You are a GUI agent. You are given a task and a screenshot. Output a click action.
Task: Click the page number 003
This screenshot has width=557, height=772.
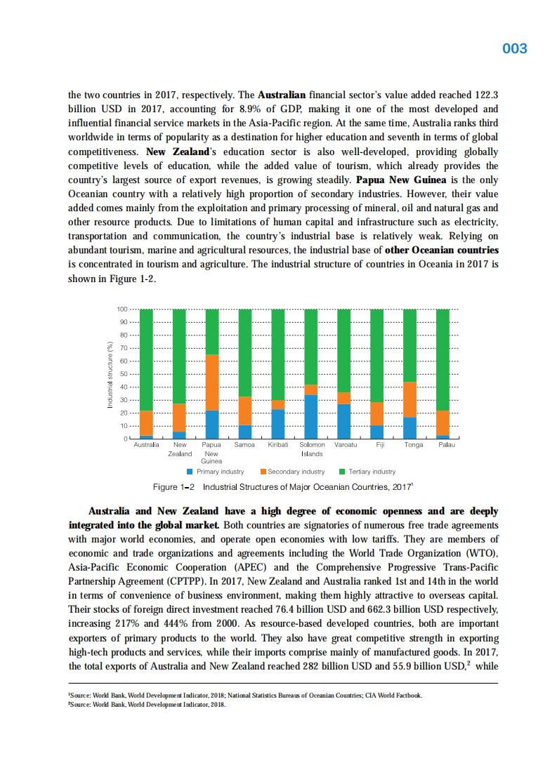pyautogui.click(x=515, y=48)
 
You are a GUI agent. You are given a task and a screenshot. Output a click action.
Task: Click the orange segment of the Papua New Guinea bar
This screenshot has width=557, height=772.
pyautogui.click(x=211, y=382)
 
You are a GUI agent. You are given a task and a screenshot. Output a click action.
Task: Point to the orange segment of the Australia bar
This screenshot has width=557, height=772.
pyautogui.click(x=146, y=423)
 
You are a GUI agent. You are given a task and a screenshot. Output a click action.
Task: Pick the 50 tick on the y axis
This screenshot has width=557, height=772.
pyautogui.click(x=122, y=374)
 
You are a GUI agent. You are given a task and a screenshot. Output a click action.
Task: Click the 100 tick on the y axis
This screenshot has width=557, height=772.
pyautogui.click(x=121, y=310)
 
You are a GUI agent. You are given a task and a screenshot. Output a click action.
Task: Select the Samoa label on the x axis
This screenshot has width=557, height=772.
pyautogui.click(x=244, y=445)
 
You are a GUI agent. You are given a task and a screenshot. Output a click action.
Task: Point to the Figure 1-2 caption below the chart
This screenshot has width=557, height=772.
pyautogui.click(x=282, y=487)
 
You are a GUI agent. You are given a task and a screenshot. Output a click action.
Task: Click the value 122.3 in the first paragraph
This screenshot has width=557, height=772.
pyautogui.click(x=483, y=94)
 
